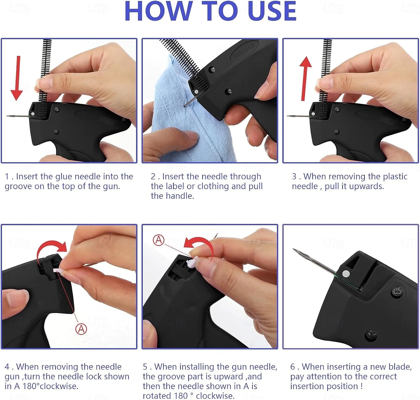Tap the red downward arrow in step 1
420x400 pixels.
click(17, 78)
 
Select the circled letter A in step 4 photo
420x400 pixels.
click(81, 329)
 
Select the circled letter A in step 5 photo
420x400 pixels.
click(158, 240)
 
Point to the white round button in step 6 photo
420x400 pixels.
click(346, 273)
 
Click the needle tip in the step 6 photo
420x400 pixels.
click(293, 249)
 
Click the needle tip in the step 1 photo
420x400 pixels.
click(6, 116)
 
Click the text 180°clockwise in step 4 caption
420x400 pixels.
click(50, 386)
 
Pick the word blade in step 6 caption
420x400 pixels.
click(400, 367)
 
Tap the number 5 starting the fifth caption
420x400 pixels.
click(145, 367)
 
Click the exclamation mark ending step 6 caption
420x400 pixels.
click(361, 386)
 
